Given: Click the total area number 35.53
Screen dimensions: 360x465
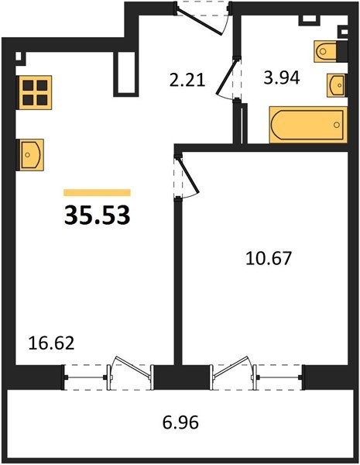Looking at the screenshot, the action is pos(98,215).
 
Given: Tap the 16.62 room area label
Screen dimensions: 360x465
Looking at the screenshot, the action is pos(51,343).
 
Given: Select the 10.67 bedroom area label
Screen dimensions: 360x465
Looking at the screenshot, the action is pos(269,258).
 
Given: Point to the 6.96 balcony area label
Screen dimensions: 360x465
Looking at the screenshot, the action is pos(180,422).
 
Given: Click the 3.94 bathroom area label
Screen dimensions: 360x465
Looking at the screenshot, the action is pos(282,77).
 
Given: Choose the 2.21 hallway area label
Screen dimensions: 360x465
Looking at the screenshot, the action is pos(187,80).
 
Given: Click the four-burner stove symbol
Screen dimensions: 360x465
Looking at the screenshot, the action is pos(35,92).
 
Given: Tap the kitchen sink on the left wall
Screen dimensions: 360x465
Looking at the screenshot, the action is pos(31,155).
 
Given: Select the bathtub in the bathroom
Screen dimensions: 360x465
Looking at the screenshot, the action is pos(308,125).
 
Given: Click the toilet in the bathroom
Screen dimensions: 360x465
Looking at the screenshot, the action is pos(326,51).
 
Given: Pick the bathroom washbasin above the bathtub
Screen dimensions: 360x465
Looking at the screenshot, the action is pos(336,85).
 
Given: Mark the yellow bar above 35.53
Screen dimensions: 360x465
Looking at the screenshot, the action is pos(98,192).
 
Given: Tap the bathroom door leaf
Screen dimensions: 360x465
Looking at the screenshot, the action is pos(228,76).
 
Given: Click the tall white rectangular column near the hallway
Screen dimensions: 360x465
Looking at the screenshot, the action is pos(125,74).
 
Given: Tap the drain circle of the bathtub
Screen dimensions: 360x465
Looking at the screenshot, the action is pos(337,125).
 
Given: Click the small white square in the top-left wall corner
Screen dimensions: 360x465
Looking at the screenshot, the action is pos(19,57).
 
